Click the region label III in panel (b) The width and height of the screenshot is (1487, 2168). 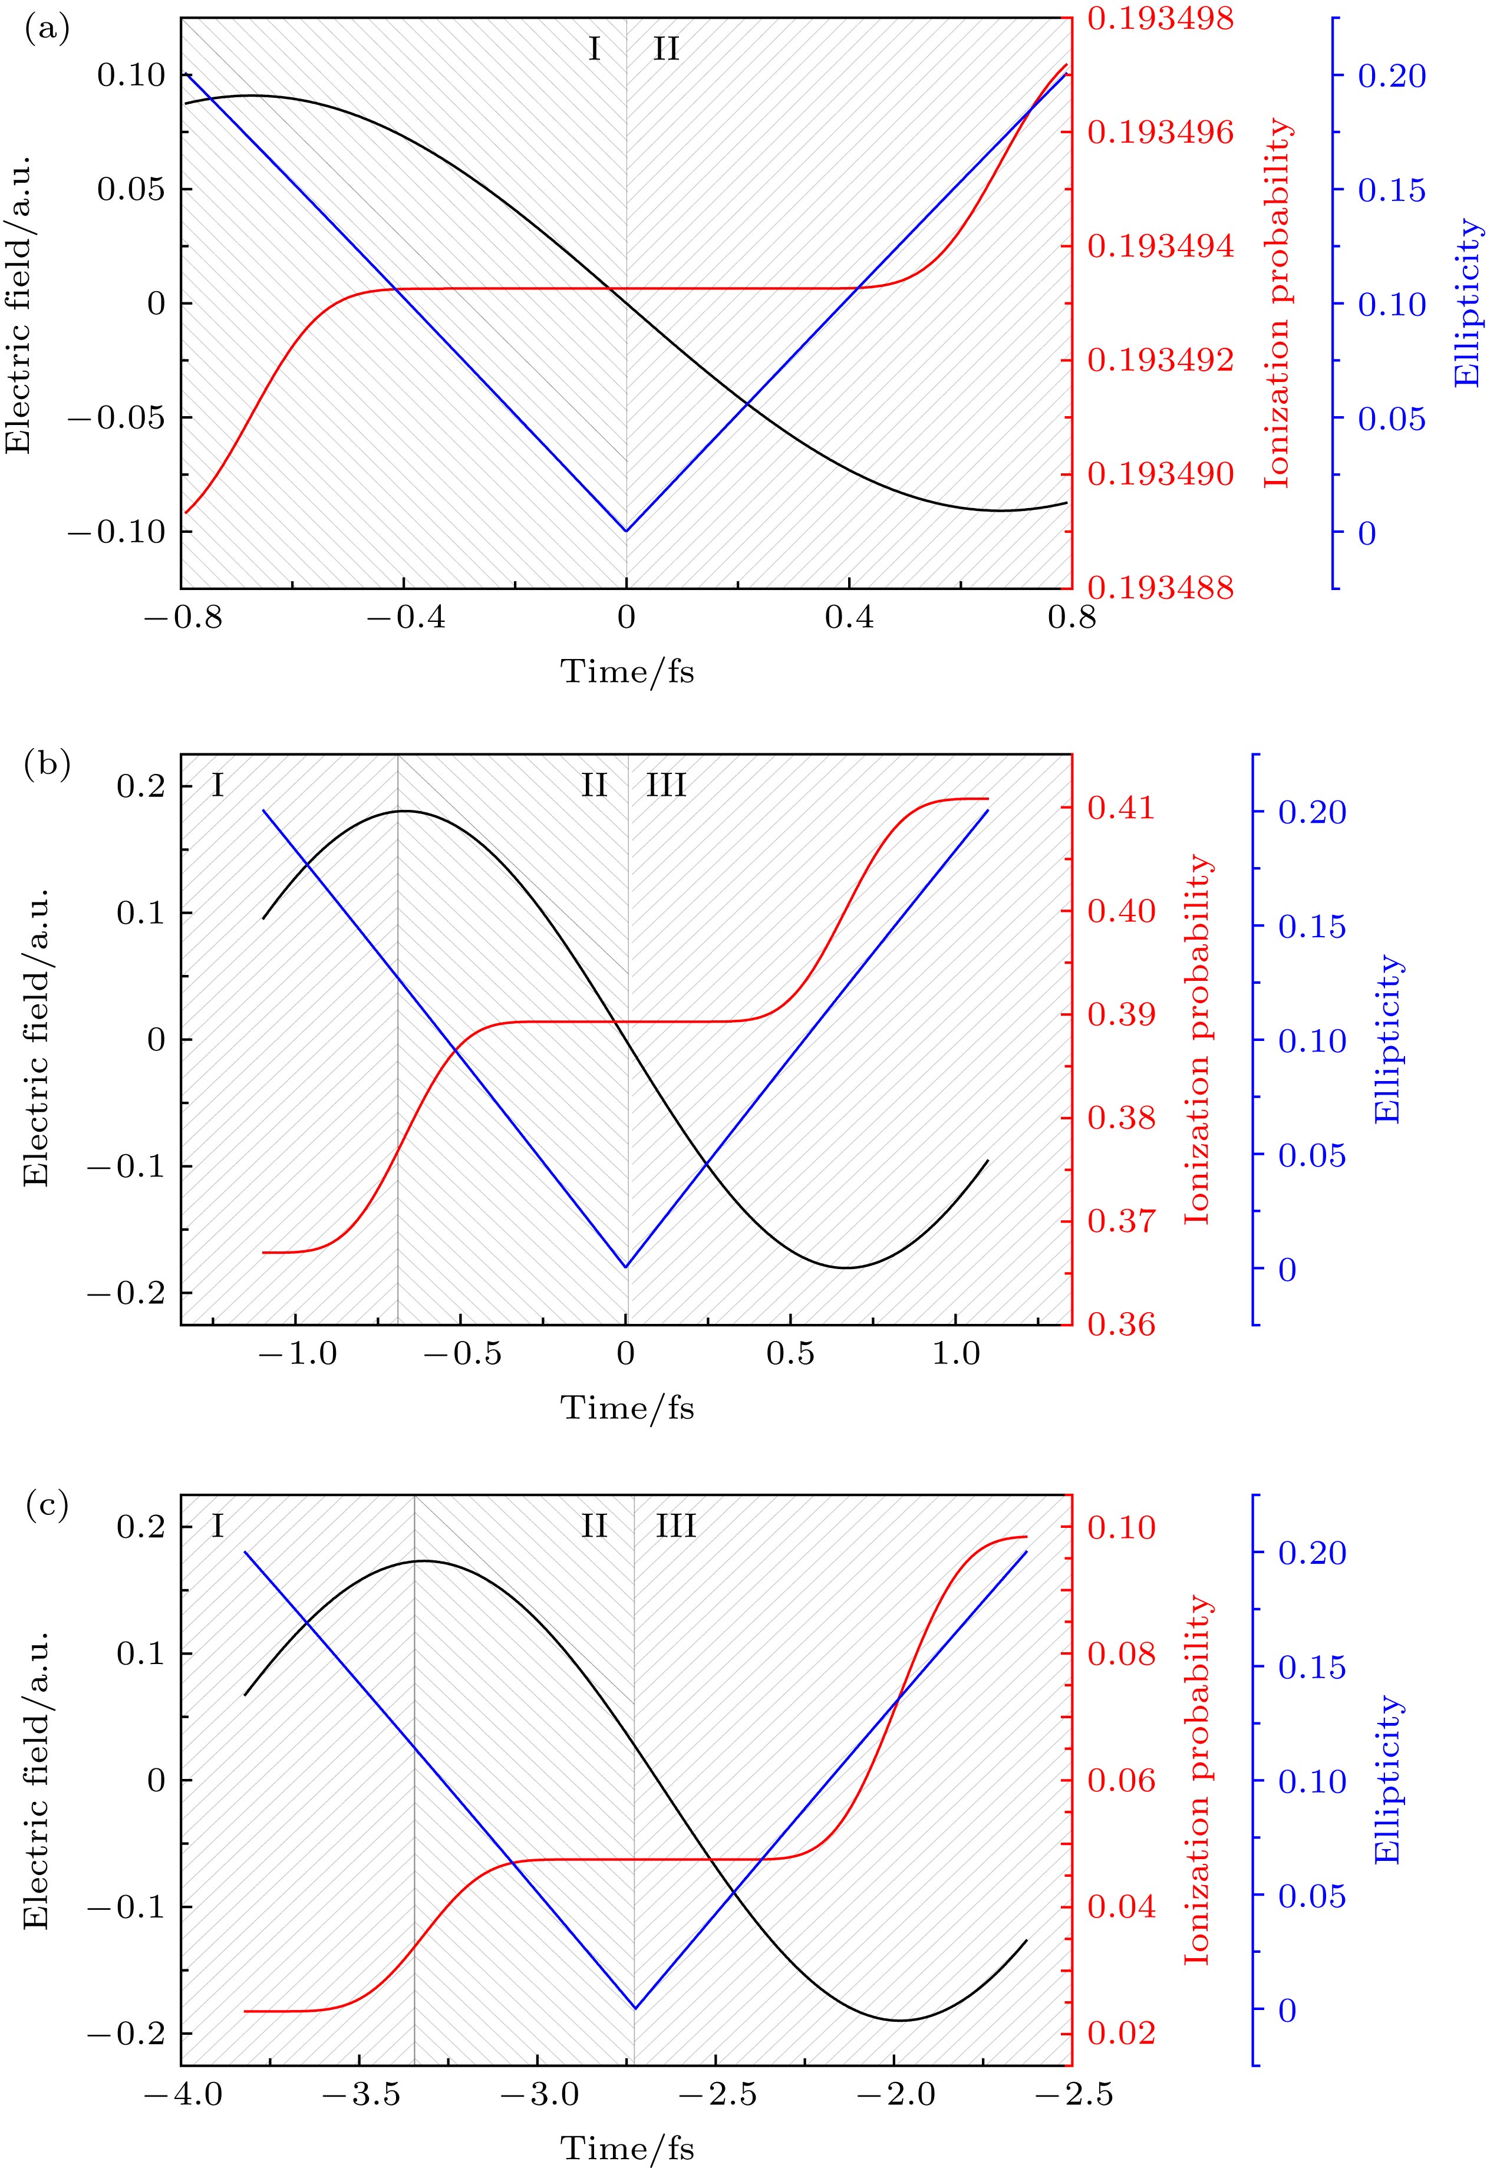point(666,786)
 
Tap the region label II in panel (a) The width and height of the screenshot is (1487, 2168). point(665,48)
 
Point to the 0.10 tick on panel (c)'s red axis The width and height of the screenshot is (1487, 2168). point(1122,1528)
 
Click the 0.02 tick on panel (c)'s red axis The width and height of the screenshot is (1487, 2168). point(1122,2025)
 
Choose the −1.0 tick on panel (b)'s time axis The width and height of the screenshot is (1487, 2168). point(296,1353)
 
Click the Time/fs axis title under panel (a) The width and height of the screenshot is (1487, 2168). point(627,671)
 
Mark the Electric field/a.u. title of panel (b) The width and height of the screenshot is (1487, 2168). point(37,1038)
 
